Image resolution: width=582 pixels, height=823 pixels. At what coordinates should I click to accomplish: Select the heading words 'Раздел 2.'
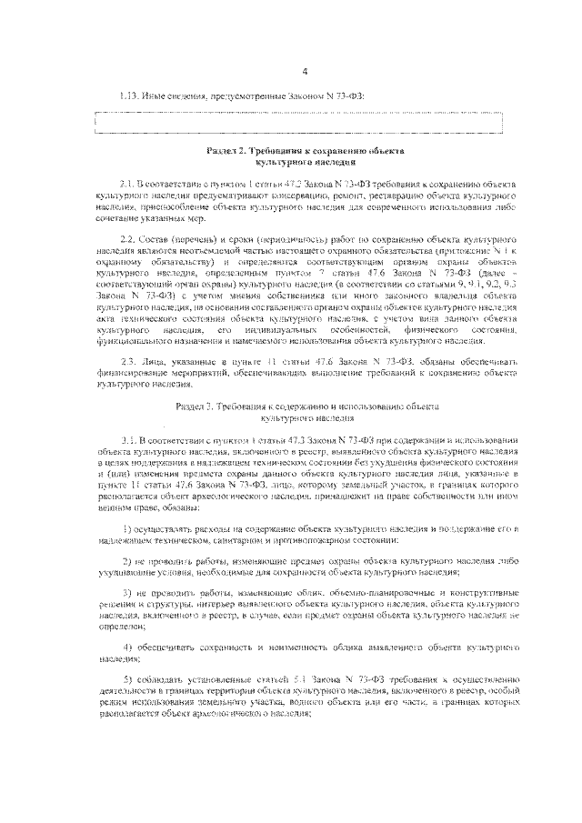pos(225,150)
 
